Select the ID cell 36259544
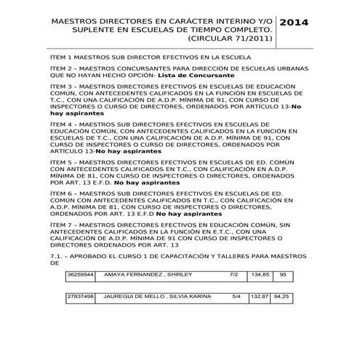pyautogui.click(x=80, y=275)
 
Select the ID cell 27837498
pyautogui.click(x=80, y=297)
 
